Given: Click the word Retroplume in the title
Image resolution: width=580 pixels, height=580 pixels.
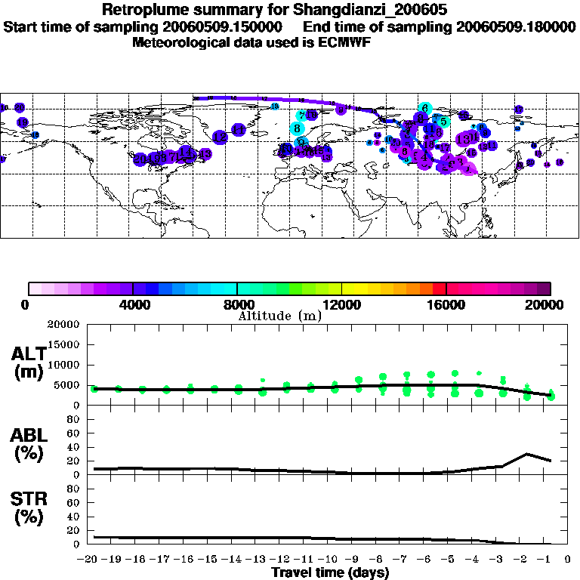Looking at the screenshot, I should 141,11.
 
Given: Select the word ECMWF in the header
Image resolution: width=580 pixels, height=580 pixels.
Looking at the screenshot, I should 347,42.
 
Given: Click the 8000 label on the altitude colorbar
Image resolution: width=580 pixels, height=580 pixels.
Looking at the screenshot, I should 237,305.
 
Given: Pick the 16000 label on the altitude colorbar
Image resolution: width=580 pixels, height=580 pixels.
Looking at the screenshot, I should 447,305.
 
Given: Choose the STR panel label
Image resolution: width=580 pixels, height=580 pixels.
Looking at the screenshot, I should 28,507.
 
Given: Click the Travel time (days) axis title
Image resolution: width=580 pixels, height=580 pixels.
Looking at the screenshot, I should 330,572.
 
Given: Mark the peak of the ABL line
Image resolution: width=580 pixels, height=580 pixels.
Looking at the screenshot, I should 527,454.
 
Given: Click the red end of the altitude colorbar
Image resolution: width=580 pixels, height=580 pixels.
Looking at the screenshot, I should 440,288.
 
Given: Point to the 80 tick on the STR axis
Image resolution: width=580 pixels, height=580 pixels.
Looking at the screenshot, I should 73,489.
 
